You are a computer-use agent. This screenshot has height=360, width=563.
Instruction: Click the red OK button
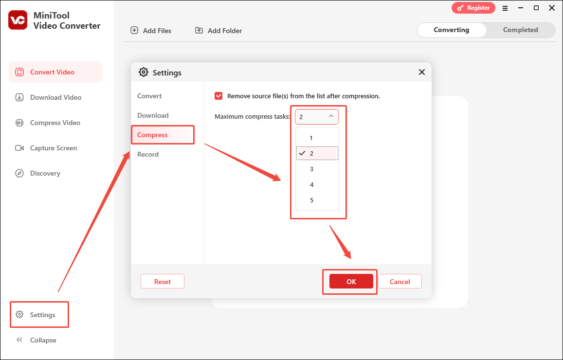click(351, 282)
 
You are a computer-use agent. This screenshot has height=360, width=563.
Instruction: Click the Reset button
click(163, 282)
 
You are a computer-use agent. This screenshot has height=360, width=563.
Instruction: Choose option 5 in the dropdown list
click(312, 200)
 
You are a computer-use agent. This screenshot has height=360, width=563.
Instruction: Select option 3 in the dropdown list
click(312, 169)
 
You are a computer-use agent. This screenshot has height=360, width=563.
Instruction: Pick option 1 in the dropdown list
click(312, 138)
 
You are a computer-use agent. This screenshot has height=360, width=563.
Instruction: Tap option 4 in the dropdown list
click(312, 185)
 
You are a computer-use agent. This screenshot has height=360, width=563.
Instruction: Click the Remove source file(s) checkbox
click(218, 96)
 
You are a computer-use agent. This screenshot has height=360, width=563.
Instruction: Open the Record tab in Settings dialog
click(148, 154)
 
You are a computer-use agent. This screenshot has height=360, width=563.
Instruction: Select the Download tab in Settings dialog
click(153, 115)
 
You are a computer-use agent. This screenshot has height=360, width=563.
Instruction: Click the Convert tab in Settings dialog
click(149, 96)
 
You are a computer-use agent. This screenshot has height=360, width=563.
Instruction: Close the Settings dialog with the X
click(422, 72)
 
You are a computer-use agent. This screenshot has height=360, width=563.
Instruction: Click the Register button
click(473, 8)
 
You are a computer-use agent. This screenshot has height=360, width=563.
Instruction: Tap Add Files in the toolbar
click(151, 31)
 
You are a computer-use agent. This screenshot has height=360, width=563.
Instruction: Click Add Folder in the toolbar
click(218, 31)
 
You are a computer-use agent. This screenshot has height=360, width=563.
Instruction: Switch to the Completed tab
click(520, 30)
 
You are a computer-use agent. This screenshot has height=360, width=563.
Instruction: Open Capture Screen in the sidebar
click(53, 148)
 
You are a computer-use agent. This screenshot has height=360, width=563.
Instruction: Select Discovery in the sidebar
click(45, 173)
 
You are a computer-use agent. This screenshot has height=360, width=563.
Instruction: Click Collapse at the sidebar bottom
click(43, 340)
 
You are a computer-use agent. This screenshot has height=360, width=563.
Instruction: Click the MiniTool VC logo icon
click(18, 19)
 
